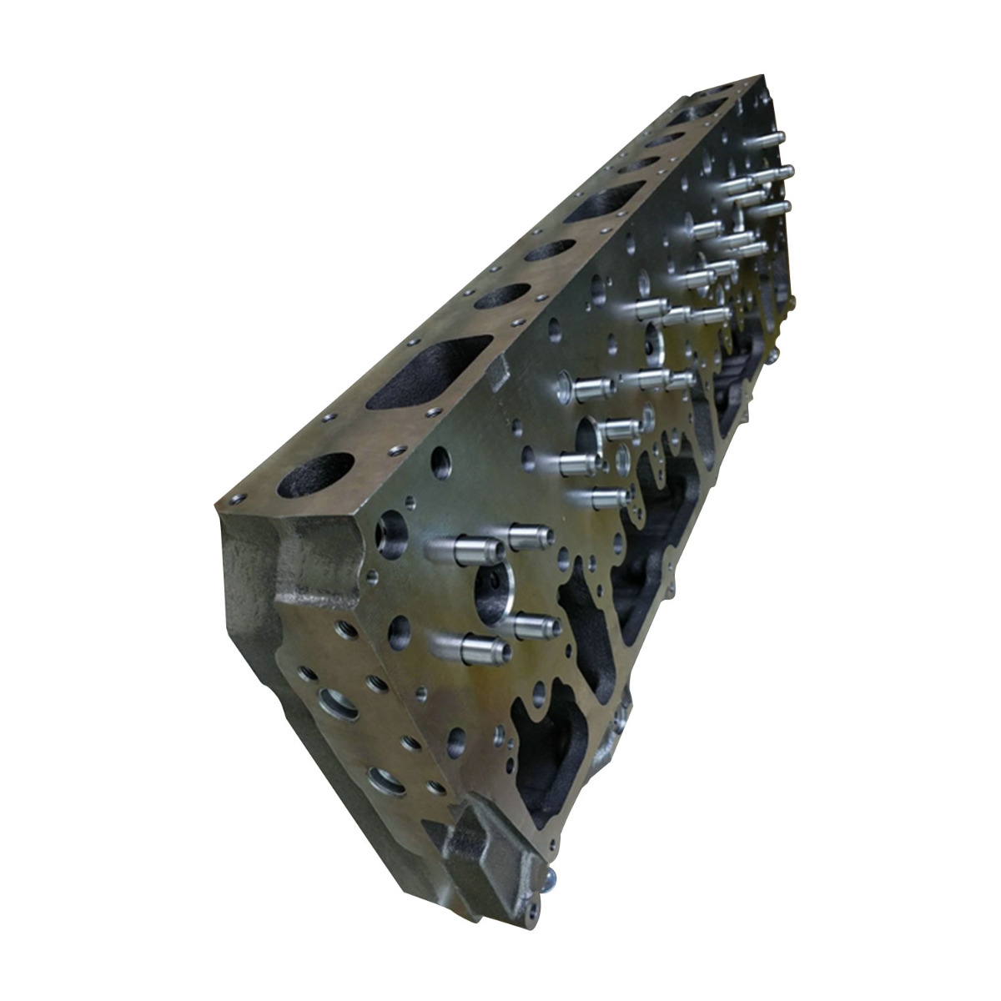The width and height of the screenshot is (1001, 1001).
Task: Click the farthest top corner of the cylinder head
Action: pos(761,78)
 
